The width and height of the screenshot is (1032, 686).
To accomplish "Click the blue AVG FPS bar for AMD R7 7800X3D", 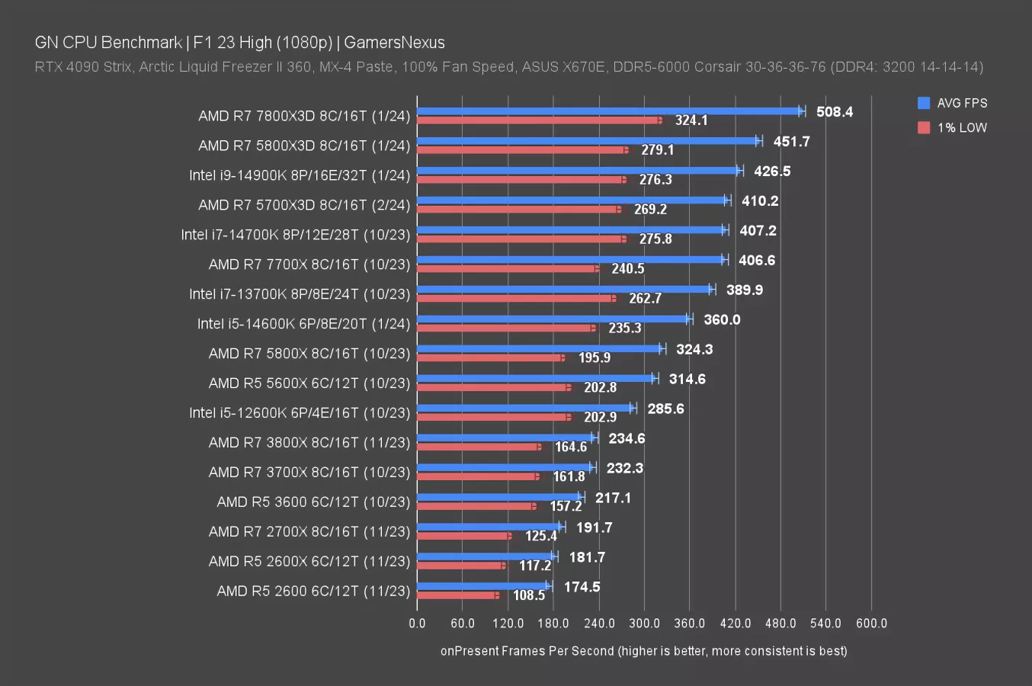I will [x=610, y=111].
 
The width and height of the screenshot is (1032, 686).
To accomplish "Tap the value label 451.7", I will [x=791, y=142].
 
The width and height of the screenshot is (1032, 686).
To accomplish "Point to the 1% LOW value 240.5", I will [x=627, y=268].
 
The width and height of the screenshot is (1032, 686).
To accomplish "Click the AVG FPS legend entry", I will [x=953, y=103].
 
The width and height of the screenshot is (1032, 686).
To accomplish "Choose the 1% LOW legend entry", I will [x=953, y=127].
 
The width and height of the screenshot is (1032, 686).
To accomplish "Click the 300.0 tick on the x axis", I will [x=644, y=623].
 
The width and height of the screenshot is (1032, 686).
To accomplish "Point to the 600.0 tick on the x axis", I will [x=871, y=623].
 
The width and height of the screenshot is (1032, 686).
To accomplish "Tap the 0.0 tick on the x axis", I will [x=417, y=623].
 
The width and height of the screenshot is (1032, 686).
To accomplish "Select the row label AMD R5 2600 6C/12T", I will [x=313, y=591].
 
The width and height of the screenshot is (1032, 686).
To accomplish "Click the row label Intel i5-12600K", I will [x=300, y=412].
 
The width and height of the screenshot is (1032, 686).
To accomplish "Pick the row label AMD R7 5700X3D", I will [x=304, y=205].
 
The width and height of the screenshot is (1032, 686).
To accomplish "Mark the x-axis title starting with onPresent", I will [x=643, y=651].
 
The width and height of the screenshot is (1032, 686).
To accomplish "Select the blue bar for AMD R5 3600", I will [x=499, y=497].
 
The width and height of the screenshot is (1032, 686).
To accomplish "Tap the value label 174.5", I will [x=582, y=587].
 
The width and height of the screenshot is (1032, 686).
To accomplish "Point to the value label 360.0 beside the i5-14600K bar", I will [x=721, y=319].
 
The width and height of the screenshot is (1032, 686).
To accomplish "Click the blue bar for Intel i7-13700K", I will [x=564, y=290].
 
